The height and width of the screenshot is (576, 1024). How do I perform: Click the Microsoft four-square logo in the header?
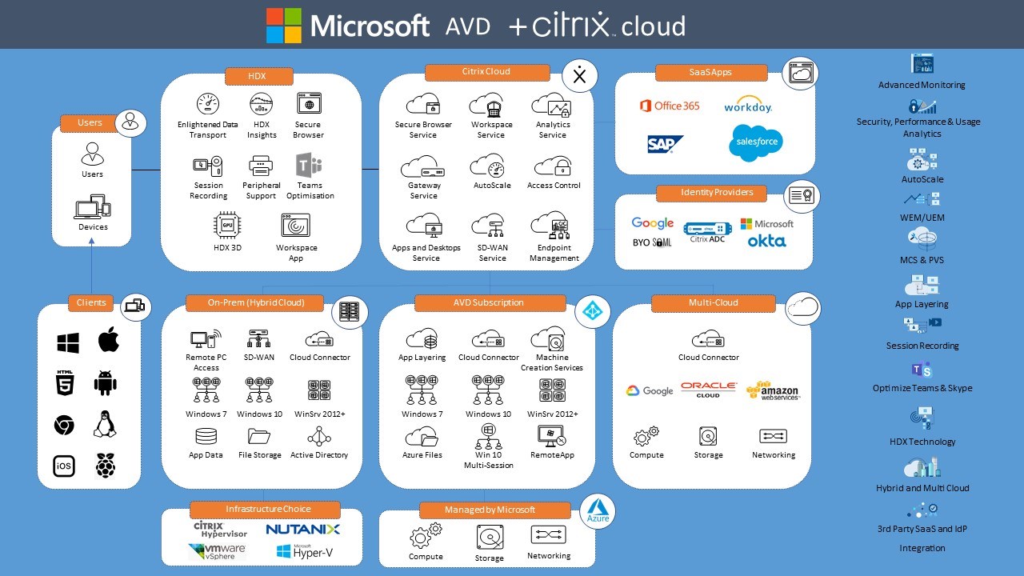tap(284, 26)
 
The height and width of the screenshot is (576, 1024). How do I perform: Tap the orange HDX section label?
tap(258, 76)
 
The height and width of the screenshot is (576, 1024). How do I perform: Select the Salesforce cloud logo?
tap(755, 142)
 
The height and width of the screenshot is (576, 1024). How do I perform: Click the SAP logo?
tap(665, 144)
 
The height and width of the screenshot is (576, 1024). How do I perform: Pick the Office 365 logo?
tap(670, 106)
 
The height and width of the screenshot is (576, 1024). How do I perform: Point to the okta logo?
tap(766, 241)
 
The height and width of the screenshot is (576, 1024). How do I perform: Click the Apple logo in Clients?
tap(109, 341)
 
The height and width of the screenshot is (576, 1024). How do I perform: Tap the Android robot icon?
tap(105, 382)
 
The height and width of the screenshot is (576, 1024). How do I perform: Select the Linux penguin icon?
tap(105, 424)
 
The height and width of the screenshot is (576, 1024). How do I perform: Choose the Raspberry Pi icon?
tap(105, 466)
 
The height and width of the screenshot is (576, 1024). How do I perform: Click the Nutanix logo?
tap(302, 530)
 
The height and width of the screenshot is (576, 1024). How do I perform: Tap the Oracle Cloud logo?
tap(708, 390)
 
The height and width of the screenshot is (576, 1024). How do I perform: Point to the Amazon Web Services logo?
tap(772, 390)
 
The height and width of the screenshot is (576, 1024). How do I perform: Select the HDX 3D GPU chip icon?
tap(227, 226)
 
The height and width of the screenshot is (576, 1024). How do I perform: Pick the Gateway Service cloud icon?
tap(423, 167)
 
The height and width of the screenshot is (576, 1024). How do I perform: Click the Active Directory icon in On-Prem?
tap(319, 437)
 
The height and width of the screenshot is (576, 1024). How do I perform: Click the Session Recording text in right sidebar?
tap(922, 346)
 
